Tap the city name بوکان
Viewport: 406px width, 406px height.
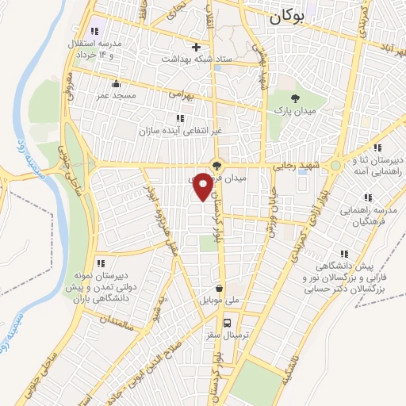285,16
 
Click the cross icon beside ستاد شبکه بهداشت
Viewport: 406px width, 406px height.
196,47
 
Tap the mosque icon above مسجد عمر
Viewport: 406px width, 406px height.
117,83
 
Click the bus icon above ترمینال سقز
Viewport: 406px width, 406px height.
228,322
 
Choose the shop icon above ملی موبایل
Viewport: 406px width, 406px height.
219,289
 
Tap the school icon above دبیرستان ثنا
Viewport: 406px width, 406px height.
377,147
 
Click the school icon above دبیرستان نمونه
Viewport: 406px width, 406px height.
100,262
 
